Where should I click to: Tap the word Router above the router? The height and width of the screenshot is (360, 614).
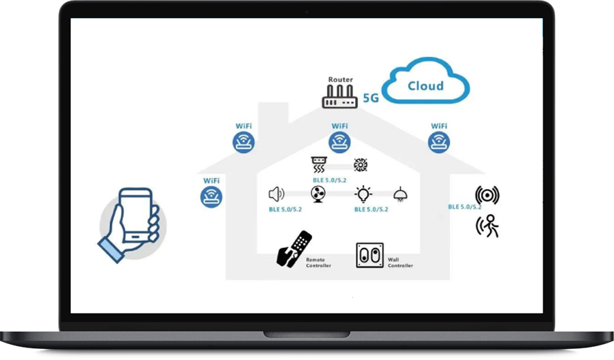(x=340, y=80)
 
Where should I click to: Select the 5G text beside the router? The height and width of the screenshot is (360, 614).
(x=371, y=98)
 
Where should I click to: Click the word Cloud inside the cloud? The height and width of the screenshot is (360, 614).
(x=426, y=86)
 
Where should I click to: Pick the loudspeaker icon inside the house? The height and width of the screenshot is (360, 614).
(x=276, y=194)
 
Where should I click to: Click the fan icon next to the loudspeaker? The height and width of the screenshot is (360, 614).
(x=318, y=195)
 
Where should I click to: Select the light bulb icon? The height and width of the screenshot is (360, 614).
(x=363, y=194)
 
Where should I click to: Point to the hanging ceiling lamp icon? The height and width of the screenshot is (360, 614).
(x=400, y=195)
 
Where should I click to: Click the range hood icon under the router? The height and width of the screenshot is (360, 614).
(x=319, y=165)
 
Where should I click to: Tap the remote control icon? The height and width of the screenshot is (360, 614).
(x=294, y=249)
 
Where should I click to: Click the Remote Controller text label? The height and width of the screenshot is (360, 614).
(x=318, y=263)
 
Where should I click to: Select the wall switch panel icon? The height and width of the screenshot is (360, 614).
(x=370, y=255)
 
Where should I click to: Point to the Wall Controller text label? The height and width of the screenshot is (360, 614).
(x=400, y=263)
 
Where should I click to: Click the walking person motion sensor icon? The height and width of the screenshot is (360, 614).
(x=487, y=226)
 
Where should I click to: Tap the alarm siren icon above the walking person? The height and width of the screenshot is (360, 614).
(x=487, y=195)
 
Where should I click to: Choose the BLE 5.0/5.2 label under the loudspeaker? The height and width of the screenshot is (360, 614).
(x=285, y=209)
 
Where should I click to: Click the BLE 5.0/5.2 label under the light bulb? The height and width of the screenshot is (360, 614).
(x=371, y=209)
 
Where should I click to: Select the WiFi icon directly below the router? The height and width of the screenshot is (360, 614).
(x=339, y=143)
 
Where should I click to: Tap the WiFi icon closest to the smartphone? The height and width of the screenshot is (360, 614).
(x=211, y=197)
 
